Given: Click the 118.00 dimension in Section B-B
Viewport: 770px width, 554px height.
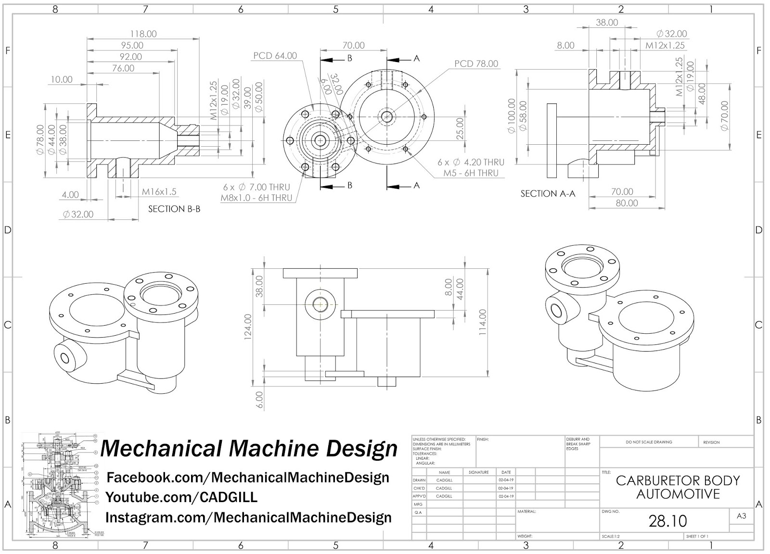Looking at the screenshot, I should coord(143,34).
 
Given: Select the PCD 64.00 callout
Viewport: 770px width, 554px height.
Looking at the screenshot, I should coord(275,56).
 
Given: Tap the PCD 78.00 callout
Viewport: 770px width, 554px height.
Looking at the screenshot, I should coord(476,64).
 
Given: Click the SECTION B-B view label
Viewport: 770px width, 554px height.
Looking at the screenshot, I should coord(174,209).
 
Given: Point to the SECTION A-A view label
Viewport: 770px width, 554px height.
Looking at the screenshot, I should coord(548,194).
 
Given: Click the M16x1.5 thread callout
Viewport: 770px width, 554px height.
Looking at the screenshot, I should coord(159,192).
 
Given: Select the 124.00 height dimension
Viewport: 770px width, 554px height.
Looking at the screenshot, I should coord(248,327).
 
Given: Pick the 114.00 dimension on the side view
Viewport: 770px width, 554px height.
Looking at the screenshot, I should coord(483,322).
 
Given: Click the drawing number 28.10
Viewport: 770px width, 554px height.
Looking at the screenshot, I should coord(667,521).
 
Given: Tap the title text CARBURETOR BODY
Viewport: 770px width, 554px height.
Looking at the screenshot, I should coord(678,480).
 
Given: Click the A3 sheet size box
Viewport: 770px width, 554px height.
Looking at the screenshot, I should coord(741,516).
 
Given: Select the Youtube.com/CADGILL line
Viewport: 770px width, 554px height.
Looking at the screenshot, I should coord(181,497).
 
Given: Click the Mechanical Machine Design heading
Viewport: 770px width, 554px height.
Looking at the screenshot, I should coord(249,448).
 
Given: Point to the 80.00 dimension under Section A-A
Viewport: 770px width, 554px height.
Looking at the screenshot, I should coord(627,203).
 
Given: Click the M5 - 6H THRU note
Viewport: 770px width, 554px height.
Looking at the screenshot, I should coord(471,173).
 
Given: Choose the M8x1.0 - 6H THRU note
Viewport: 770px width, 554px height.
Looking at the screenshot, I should coord(257,198).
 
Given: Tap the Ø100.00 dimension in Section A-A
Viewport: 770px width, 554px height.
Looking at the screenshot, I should coord(511,115).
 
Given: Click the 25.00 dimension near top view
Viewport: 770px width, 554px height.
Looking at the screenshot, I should coord(460,128).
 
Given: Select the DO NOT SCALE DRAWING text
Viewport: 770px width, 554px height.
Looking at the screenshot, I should coord(649,442).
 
